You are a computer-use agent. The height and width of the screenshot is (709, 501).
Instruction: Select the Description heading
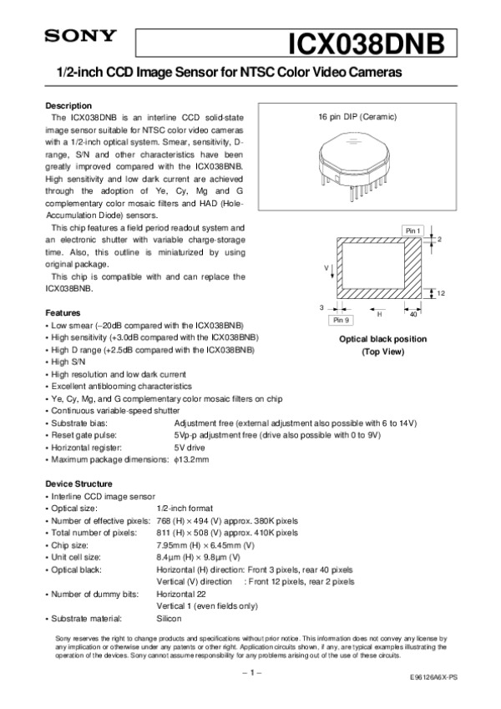[68, 106]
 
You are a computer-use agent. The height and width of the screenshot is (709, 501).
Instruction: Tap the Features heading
[62, 311]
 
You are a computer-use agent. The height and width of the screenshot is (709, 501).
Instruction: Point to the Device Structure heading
[78, 484]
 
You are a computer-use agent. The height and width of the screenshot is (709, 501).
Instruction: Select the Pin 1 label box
[413, 230]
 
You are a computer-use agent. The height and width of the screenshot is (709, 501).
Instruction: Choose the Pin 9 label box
[341, 320]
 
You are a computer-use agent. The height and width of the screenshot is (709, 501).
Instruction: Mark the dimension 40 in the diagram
[413, 314]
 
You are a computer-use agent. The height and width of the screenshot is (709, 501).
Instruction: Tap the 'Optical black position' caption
[382, 339]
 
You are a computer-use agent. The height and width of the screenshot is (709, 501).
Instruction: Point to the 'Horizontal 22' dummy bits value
[180, 594]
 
